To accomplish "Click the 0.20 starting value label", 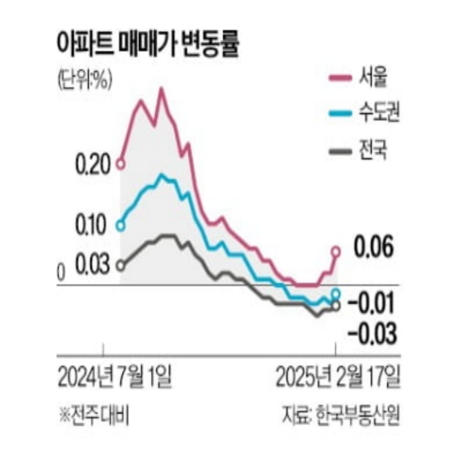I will point(91,164).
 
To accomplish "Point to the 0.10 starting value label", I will point(91,226).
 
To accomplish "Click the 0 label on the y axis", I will point(60,274).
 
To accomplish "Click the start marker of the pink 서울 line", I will point(120,164).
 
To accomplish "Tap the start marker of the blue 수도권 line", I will point(120,226).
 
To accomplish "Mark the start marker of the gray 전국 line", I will point(120,265).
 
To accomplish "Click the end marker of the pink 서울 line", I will point(336,251).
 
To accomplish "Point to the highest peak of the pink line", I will point(161,90).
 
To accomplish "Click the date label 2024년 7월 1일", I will point(115,377).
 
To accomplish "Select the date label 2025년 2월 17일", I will point(337,377).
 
